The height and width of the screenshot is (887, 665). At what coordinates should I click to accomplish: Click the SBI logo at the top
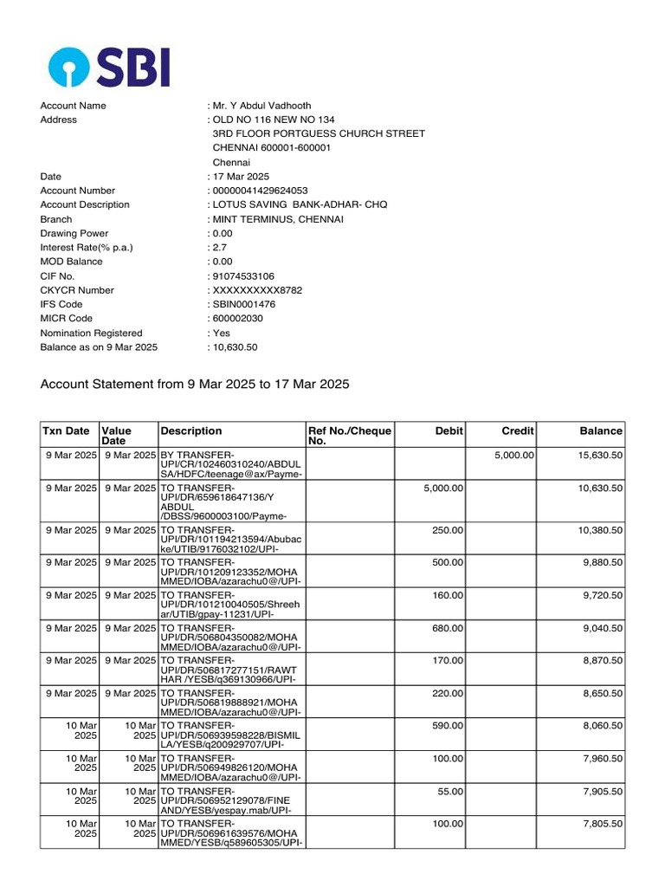109,67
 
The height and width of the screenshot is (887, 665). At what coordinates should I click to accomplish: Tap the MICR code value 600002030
236,318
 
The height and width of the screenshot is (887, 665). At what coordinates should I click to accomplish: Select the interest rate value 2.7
220,247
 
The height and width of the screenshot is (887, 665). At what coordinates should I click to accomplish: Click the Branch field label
56,219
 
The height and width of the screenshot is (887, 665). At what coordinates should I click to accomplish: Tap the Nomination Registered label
91,333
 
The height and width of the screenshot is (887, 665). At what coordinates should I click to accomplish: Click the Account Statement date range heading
195,384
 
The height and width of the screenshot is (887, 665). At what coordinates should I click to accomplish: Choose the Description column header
190,431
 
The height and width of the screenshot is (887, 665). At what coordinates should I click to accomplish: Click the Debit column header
449,431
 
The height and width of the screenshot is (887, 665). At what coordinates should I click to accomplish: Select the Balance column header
601,431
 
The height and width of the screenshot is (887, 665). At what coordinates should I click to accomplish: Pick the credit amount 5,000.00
514,455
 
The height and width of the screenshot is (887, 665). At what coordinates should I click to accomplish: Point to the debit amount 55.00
450,791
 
